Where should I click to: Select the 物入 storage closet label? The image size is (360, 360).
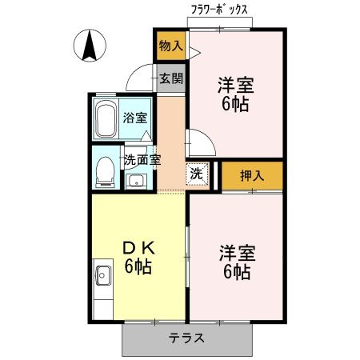coord(170,46)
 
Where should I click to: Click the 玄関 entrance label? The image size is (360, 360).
coord(170,78)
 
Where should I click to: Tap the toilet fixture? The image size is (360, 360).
coord(104,169)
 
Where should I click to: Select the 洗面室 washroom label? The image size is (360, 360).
coord(142,158)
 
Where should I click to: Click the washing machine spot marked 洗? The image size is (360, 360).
coord(197,173)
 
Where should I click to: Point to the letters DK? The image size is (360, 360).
coord(138,248)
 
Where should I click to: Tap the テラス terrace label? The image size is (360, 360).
coord(186,338)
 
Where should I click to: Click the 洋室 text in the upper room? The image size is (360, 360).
coord(235,83)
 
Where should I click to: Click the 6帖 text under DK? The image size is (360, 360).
coord(138,267)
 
